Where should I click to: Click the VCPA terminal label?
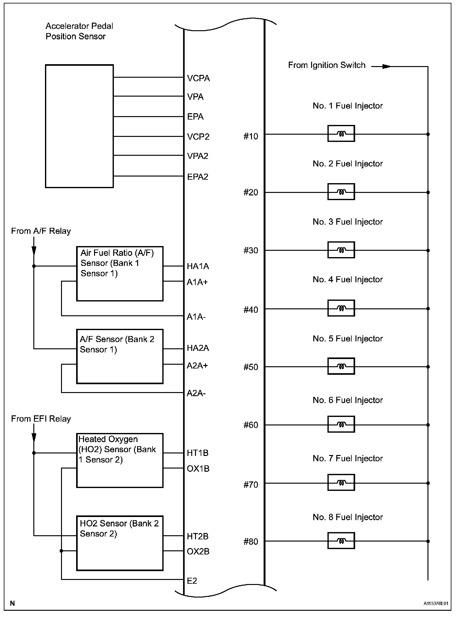(x=198, y=78)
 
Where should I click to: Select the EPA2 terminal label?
(x=198, y=177)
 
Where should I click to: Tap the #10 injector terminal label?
(x=250, y=136)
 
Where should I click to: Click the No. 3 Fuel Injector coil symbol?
(x=341, y=250)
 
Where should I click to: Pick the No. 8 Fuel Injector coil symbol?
(x=341, y=541)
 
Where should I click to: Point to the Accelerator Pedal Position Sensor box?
(x=79, y=126)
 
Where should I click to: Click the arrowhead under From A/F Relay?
(x=34, y=250)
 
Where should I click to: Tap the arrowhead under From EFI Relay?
(x=34, y=438)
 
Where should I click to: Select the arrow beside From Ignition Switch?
(x=386, y=66)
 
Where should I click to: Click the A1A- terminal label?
(x=196, y=317)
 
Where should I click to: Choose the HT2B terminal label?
(x=198, y=537)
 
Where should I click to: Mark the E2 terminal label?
(x=192, y=581)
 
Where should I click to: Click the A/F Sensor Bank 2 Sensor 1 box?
(x=120, y=357)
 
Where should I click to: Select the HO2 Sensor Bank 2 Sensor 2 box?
(x=120, y=543)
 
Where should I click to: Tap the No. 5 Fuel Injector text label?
(x=348, y=339)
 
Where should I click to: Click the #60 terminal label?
(x=250, y=425)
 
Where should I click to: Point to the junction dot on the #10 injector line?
(x=428, y=134)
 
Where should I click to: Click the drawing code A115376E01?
(x=436, y=604)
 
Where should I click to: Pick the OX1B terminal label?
(x=198, y=469)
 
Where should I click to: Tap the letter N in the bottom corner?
(x=13, y=603)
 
